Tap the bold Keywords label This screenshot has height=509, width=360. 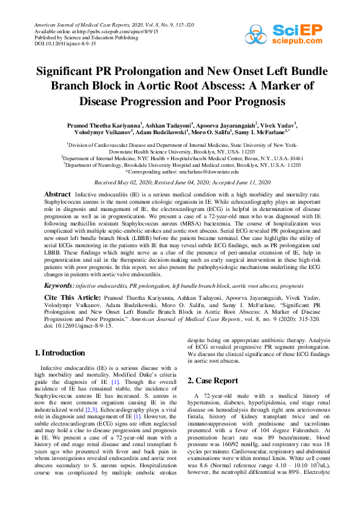pyautogui.click(x=59, y=284)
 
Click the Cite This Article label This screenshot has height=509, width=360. pyautogui.click(x=70, y=298)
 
